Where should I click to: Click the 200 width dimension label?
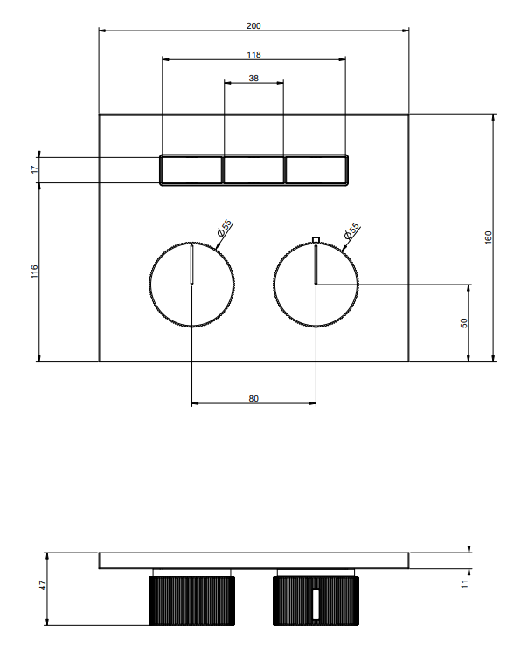click(x=254, y=26)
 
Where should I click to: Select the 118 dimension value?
click(x=254, y=54)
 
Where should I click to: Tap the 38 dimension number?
click(x=254, y=78)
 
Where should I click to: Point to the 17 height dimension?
click(x=34, y=169)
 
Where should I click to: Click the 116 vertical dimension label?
click(x=34, y=272)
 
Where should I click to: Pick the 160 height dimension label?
click(x=488, y=237)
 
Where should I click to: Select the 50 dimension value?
click(x=464, y=323)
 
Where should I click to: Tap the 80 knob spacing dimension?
click(x=254, y=399)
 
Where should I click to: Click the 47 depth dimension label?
click(x=43, y=585)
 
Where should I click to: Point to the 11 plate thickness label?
click(x=465, y=584)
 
